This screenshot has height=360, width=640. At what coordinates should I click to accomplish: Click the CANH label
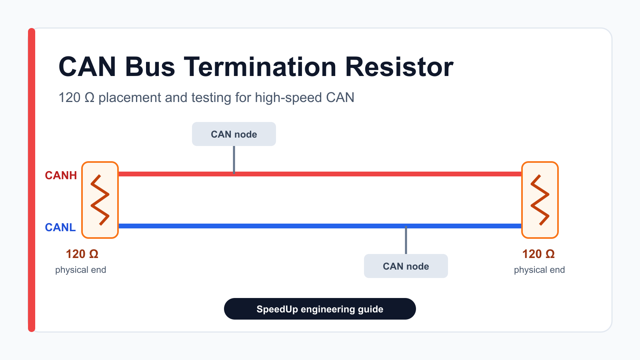(61, 176)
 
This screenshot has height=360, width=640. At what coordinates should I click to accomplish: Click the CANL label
(60, 228)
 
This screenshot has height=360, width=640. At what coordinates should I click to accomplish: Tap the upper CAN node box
(234, 134)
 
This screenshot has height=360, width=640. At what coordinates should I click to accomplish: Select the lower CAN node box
(406, 266)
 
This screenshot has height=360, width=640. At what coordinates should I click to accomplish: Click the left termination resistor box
(100, 200)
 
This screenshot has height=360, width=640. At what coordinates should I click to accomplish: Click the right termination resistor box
(540, 200)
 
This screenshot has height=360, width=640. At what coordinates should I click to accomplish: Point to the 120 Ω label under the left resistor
(82, 254)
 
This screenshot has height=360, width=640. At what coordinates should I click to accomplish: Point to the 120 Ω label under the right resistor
(538, 254)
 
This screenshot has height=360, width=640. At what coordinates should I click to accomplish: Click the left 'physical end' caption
(80, 270)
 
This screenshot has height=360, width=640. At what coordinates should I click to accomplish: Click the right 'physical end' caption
(540, 270)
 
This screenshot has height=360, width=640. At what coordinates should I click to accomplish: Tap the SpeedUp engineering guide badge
(320, 309)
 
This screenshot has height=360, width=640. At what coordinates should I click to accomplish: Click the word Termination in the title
(260, 67)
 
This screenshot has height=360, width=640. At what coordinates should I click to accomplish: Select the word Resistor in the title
(399, 67)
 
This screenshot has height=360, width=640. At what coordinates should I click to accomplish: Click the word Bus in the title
(150, 67)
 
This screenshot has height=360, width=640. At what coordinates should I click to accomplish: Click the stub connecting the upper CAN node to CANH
(234, 160)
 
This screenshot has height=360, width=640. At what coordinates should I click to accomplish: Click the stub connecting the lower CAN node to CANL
(406, 240)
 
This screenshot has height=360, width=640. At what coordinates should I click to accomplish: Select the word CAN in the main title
(87, 67)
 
